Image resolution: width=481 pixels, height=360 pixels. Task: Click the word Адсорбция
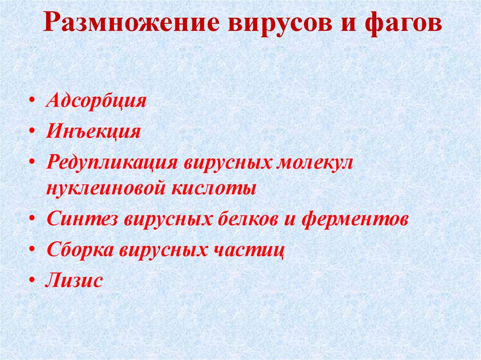[96, 101]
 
